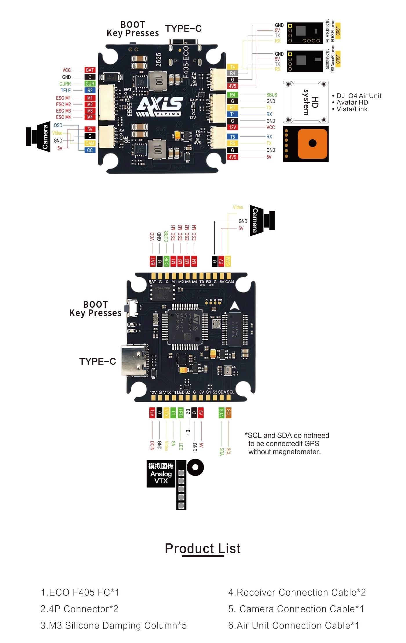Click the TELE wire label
(x=66, y=91)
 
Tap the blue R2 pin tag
(x=90, y=91)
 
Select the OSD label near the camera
(x=58, y=125)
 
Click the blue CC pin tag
(x=90, y=150)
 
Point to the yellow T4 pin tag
(x=233, y=67)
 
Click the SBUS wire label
(x=272, y=95)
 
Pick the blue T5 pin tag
(x=233, y=137)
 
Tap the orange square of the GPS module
(x=312, y=144)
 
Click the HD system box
(x=306, y=102)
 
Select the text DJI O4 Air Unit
(x=359, y=96)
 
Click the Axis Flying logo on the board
(x=159, y=106)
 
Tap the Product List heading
(x=203, y=548)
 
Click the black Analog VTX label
(x=161, y=473)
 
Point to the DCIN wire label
(x=152, y=445)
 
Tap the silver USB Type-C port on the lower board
(x=135, y=361)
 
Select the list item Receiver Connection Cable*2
(x=297, y=592)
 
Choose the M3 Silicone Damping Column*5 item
(x=114, y=625)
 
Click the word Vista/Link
(x=352, y=109)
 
